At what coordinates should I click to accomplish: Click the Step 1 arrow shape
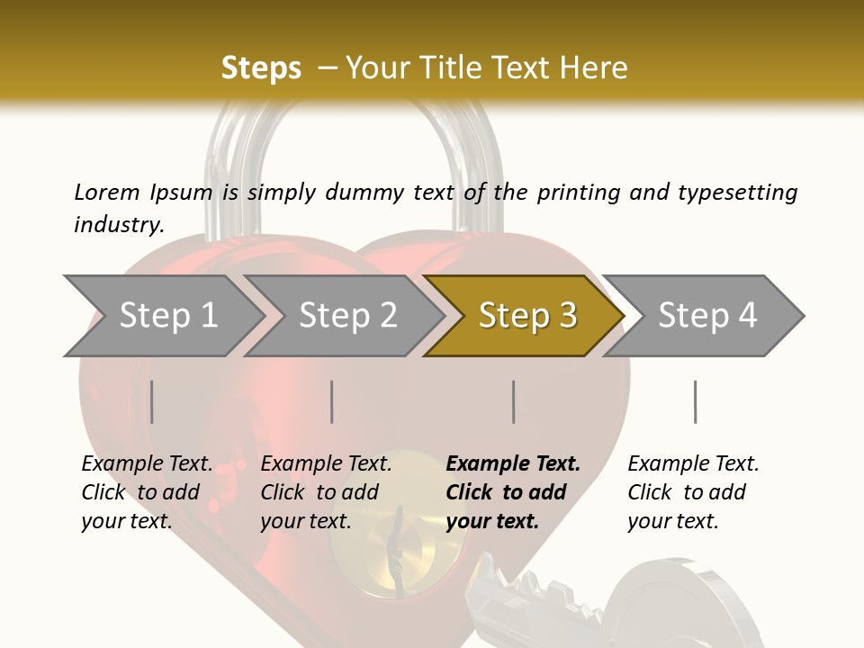[x=167, y=316]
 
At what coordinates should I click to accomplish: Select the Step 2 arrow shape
[x=347, y=316]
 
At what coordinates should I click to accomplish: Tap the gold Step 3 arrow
[x=527, y=316]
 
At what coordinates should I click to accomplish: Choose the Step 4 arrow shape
[x=707, y=316]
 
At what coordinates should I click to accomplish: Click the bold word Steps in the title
[x=261, y=67]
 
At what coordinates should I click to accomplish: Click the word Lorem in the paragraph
[x=106, y=192]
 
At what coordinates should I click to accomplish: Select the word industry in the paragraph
[x=118, y=225]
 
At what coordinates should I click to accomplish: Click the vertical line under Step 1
[x=152, y=401]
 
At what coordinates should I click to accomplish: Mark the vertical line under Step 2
[x=332, y=401]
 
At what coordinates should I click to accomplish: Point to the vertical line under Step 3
[x=514, y=401]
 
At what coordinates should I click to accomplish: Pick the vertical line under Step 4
[x=695, y=401]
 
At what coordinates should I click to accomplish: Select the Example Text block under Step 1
[x=147, y=492]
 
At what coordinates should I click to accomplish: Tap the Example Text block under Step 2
[x=326, y=492]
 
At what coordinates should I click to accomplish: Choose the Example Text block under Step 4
[x=693, y=492]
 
